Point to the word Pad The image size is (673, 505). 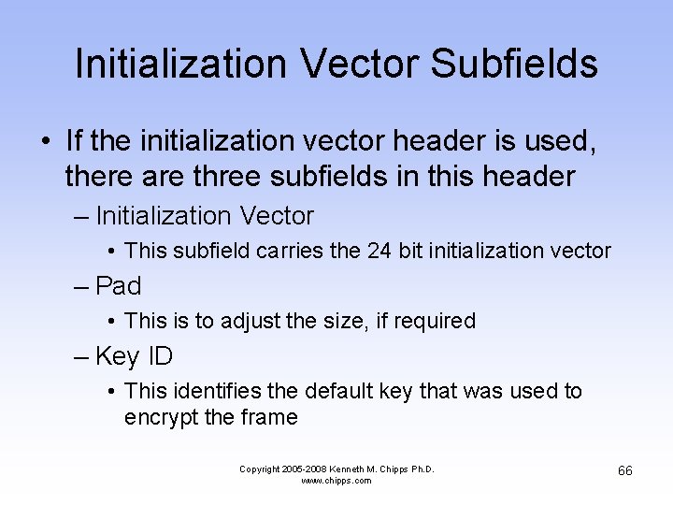[x=118, y=285]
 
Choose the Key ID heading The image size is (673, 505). [x=134, y=356]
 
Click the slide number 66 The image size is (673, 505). [x=625, y=470]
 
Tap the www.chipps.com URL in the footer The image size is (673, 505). [x=336, y=481]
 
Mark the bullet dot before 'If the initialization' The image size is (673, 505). [x=46, y=143]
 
